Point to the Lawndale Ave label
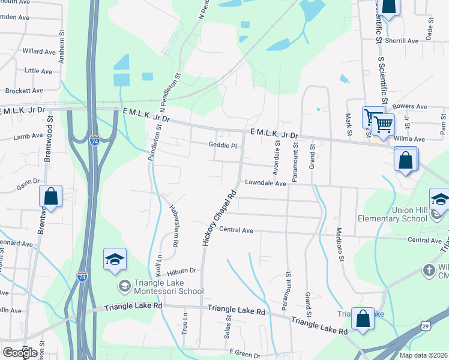point(264,184)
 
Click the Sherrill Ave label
point(403,41)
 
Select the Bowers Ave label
point(410,106)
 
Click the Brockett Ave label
point(24,91)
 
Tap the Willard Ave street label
point(38,52)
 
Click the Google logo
point(19,353)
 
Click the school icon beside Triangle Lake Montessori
point(115,260)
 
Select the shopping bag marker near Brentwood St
point(51,197)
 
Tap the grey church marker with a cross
point(429,271)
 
